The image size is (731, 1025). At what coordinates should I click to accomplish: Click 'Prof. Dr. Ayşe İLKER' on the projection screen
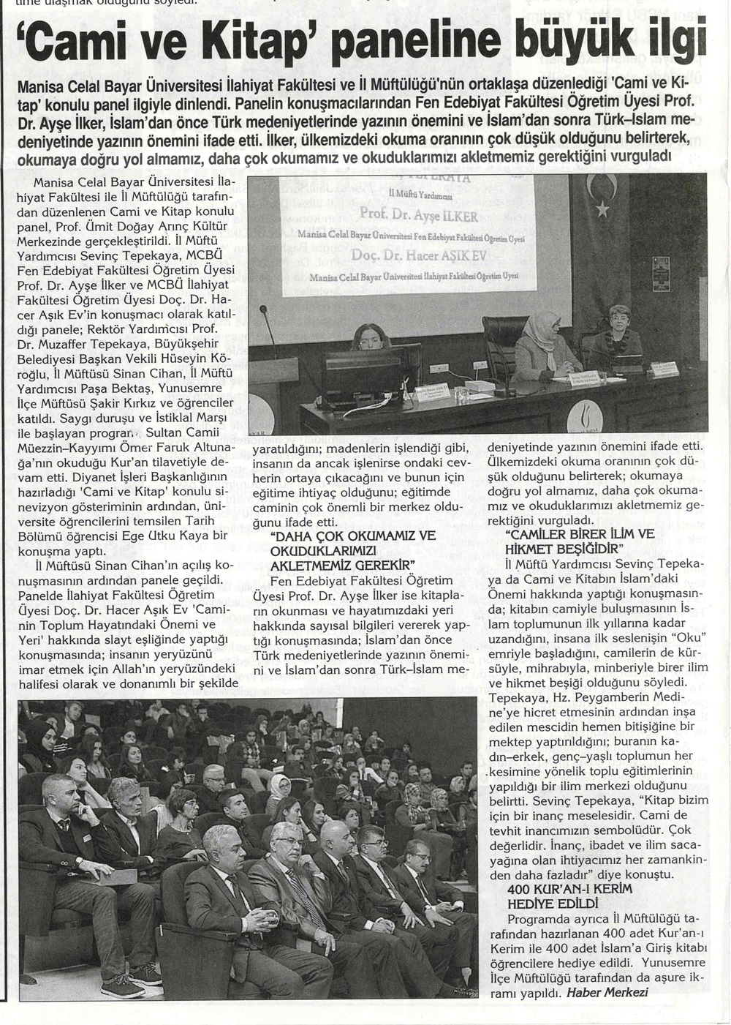pos(418,216)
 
